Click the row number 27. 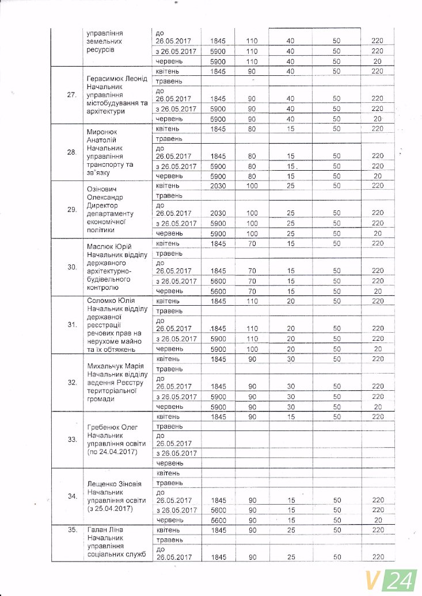tap(72, 95)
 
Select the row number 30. tap(72, 267)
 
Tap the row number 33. tap(72, 439)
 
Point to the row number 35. tap(72, 529)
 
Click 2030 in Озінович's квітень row tap(218, 186)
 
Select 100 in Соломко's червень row tap(252, 349)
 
